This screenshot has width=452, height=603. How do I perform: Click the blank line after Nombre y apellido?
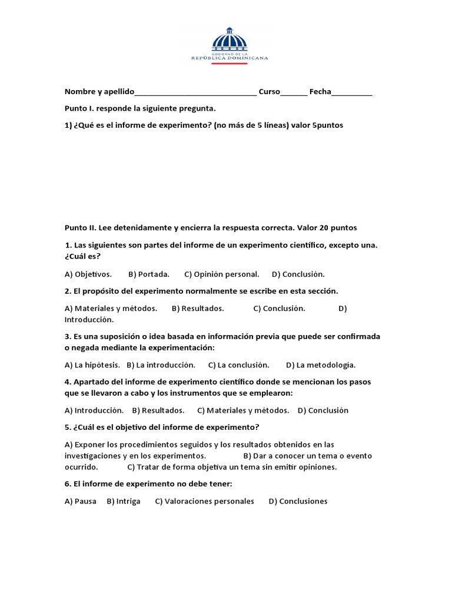click(195, 93)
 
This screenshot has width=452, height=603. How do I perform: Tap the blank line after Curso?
click(294, 93)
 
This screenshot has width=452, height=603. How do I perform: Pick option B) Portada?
click(149, 274)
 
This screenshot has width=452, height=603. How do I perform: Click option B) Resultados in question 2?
click(198, 308)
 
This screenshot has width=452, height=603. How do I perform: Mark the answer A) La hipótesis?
click(92, 365)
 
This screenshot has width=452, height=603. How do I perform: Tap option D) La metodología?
click(321, 365)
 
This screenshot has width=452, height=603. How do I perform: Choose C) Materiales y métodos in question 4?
click(243, 410)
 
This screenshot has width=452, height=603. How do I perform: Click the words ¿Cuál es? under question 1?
click(82, 257)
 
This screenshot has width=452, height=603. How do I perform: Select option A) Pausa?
click(81, 501)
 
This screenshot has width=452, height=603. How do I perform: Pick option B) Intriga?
click(124, 501)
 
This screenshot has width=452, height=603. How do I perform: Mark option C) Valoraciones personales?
click(205, 501)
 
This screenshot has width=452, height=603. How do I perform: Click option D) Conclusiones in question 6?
click(298, 501)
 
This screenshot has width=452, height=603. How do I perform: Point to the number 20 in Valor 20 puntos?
click(324, 227)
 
